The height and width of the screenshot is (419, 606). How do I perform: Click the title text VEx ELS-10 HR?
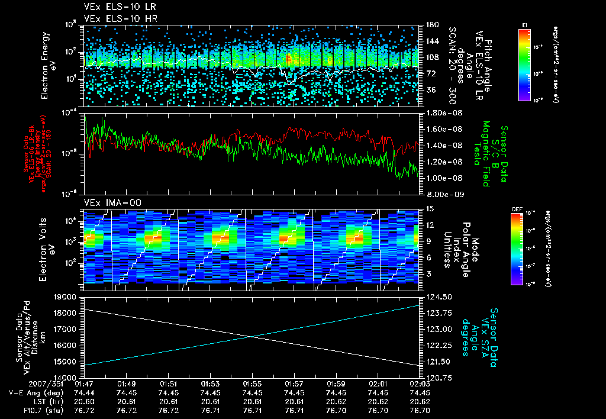pos(114,18)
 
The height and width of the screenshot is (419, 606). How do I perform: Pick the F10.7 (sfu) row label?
pos(27,409)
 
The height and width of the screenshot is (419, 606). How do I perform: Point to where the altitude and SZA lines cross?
pos(253,337)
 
